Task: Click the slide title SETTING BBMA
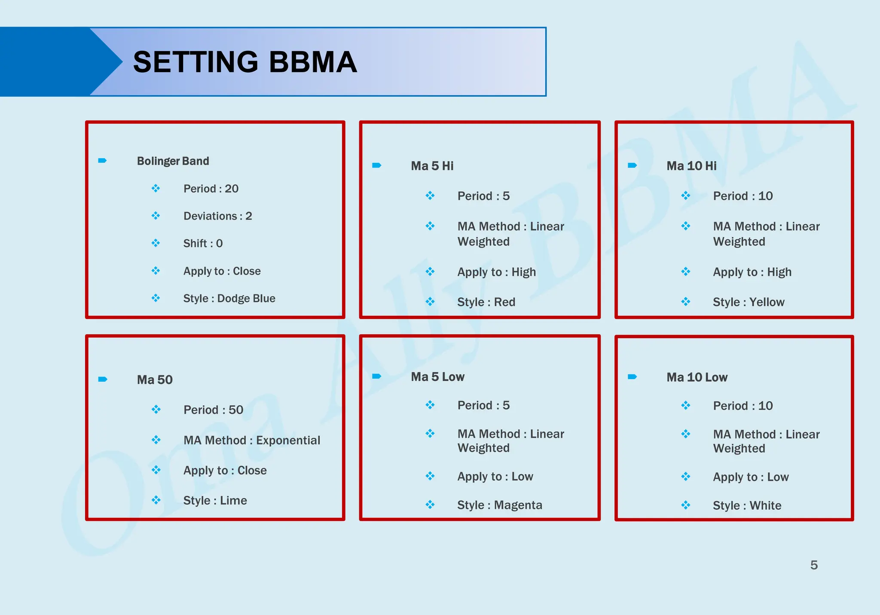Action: coord(245,62)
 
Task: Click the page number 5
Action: coord(814,565)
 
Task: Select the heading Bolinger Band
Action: coord(173,161)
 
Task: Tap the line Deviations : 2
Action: coord(217,216)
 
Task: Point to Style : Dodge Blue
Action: coord(229,298)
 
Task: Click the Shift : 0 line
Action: coord(203,243)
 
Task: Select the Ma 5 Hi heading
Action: coord(432,166)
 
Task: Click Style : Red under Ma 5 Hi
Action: coord(486,302)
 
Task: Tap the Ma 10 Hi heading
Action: coord(691,166)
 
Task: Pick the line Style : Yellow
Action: coord(749,302)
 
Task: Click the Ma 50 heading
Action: coord(155,380)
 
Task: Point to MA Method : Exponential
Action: coord(252,440)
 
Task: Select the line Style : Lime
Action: coord(215,500)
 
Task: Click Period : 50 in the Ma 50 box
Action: coord(213,410)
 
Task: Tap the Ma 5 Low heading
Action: coord(437,377)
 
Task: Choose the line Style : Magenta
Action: coord(499,505)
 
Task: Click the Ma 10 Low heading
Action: coord(697,377)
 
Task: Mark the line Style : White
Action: coord(747,505)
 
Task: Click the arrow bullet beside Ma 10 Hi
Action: coord(632,165)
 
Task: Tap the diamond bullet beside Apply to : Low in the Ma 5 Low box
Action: coord(430,476)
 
